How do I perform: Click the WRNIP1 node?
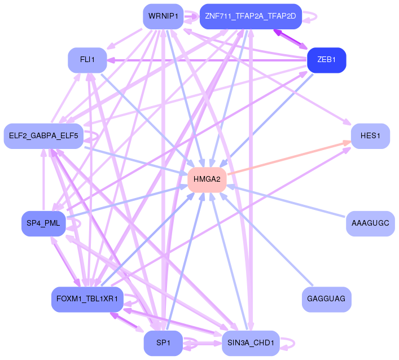(x=163, y=16)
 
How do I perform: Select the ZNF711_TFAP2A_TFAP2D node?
(x=251, y=16)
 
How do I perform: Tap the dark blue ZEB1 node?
(x=326, y=60)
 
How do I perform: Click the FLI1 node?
(x=87, y=60)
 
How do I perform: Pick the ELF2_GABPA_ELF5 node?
(x=43, y=136)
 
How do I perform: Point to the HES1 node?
(x=370, y=136)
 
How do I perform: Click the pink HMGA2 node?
(x=207, y=179)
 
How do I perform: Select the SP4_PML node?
(x=43, y=223)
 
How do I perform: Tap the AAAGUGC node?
(x=370, y=223)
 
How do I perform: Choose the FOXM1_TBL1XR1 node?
(x=87, y=299)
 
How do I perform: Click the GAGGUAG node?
(x=326, y=299)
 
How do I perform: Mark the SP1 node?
(x=163, y=343)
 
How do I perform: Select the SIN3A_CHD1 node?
(x=251, y=343)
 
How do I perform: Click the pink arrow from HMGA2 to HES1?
(x=289, y=158)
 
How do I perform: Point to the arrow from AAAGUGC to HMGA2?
(x=286, y=201)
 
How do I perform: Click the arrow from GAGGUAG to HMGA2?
(x=266, y=239)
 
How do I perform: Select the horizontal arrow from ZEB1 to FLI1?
(x=207, y=60)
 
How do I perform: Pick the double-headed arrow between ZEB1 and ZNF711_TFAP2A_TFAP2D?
(x=291, y=39)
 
